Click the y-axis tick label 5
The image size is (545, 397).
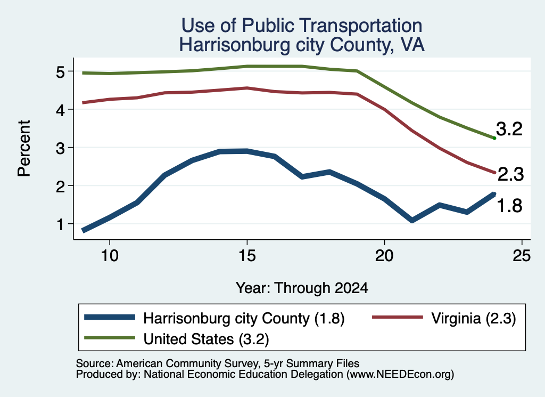(x=60, y=72)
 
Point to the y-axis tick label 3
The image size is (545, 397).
(x=60, y=149)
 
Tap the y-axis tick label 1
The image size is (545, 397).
(x=60, y=225)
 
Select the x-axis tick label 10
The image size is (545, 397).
(x=110, y=256)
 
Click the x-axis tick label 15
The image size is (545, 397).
(x=247, y=256)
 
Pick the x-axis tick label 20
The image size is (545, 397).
(x=384, y=256)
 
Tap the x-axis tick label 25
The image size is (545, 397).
(x=522, y=256)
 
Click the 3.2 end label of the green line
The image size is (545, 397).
(x=509, y=129)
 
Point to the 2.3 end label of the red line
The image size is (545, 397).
(x=510, y=174)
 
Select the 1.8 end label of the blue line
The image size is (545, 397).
(x=509, y=206)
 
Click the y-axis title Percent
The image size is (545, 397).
(x=24, y=149)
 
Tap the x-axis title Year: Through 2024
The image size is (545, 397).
(x=302, y=288)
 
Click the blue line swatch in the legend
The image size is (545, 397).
(x=110, y=317)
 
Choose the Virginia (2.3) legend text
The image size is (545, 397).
(x=473, y=318)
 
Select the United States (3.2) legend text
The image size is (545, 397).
(x=207, y=339)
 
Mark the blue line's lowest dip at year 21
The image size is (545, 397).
(x=412, y=220)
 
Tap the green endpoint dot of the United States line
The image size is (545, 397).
(x=494, y=138)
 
